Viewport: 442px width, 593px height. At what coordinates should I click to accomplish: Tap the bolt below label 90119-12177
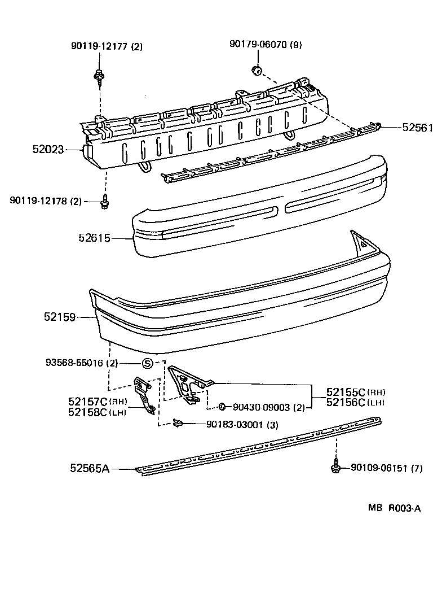coord(99,75)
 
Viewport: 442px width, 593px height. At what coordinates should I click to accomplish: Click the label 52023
coord(48,150)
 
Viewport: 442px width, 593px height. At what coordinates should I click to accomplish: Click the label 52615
coord(94,238)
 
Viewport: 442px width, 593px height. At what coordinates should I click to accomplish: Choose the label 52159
coord(60,317)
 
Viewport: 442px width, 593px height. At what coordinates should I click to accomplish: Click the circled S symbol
coord(147,363)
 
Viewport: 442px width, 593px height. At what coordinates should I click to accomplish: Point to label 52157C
coord(87,402)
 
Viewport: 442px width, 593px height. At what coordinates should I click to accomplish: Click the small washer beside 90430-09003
coord(222,407)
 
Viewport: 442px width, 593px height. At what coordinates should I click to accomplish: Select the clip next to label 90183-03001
coord(178,422)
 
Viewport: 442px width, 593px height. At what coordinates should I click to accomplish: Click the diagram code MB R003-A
coord(394,508)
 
